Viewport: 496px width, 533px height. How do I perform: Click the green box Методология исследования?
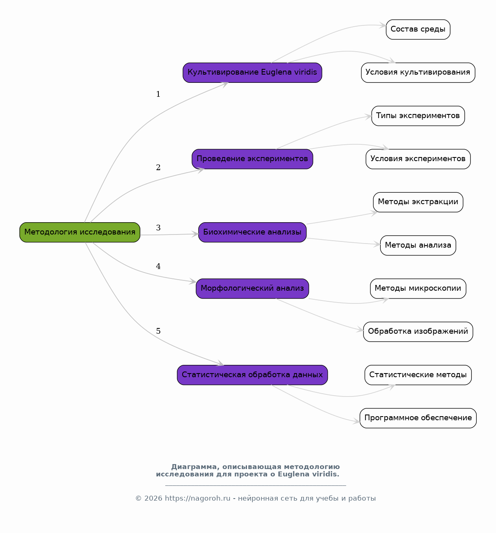[x=80, y=232]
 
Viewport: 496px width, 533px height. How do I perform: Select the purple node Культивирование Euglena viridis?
[x=252, y=73]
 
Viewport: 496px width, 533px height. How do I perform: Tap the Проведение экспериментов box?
[x=252, y=159]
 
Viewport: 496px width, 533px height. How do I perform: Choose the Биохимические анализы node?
[x=252, y=232]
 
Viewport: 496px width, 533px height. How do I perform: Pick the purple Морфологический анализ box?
[x=252, y=289]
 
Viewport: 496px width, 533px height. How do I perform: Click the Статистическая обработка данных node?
[x=252, y=375]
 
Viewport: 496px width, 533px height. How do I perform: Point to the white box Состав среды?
[x=418, y=29]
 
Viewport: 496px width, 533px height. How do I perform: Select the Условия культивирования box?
[x=418, y=73]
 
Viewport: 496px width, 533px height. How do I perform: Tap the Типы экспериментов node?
[x=418, y=116]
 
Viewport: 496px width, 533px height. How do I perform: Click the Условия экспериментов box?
[x=418, y=159]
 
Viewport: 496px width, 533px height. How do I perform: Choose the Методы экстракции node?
[x=418, y=202]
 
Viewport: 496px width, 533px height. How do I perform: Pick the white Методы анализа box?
[x=418, y=245]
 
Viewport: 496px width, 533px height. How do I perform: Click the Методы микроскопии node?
[x=418, y=289]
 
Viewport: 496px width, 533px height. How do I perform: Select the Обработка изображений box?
[x=418, y=332]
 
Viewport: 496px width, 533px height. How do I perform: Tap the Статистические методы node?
[x=418, y=375]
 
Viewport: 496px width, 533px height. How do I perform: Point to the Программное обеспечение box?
[x=418, y=418]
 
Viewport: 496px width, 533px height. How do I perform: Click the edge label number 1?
[x=158, y=94]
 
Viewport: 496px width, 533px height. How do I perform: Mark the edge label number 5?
[x=158, y=331]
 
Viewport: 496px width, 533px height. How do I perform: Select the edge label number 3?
[x=158, y=228]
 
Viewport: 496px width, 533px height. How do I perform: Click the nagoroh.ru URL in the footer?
[x=198, y=499]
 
